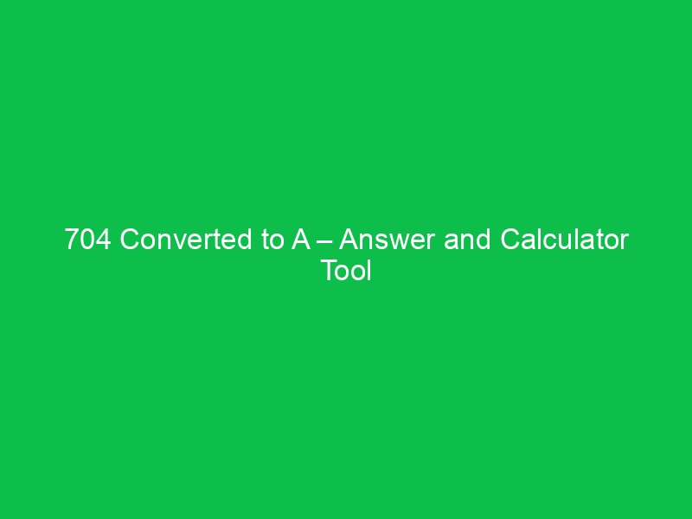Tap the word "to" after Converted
click(x=272, y=240)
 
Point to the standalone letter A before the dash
click(x=300, y=240)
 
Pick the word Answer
click(x=388, y=240)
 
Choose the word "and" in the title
click(x=465, y=240)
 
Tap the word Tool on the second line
click(x=346, y=271)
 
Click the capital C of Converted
click(x=130, y=240)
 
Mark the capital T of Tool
click(x=329, y=271)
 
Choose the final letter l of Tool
click(x=368, y=271)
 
